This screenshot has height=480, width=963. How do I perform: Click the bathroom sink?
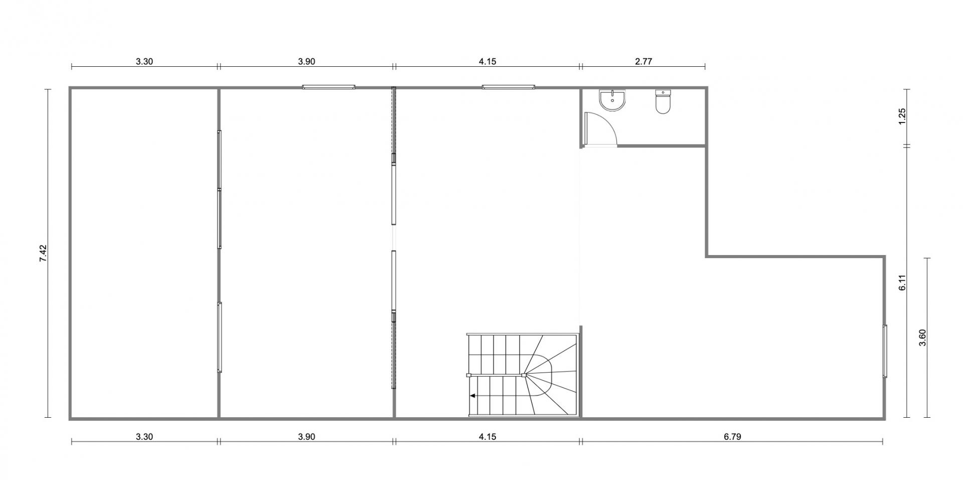point(612,100)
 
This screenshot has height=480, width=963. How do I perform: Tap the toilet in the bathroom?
point(663,101)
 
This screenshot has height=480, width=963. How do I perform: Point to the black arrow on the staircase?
point(472,396)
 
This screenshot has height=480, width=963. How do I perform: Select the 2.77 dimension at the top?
point(643,62)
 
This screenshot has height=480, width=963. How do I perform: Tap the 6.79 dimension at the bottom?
point(732,436)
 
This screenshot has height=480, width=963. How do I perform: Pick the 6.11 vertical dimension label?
point(902,282)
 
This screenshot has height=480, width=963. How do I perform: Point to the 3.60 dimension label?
point(922,337)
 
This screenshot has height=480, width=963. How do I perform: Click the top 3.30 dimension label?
point(144,62)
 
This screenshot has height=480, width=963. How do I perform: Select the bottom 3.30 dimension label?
point(144,436)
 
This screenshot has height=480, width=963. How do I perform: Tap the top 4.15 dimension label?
point(487,62)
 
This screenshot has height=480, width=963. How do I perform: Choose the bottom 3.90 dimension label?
point(306,436)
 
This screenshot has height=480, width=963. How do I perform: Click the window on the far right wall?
point(885,350)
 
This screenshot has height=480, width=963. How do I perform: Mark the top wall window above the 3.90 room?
point(329,87)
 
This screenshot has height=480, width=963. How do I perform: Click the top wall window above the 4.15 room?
point(509,87)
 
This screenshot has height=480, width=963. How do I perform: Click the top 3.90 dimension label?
point(306,62)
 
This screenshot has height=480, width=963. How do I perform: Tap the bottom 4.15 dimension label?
point(487,436)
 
